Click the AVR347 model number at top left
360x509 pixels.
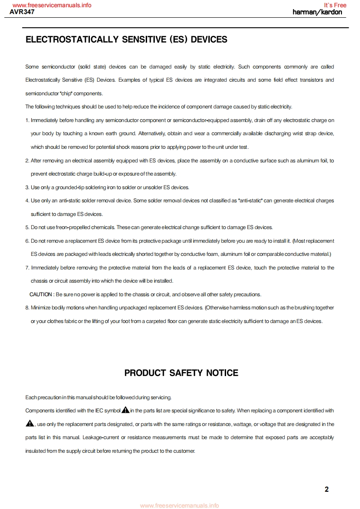click(22, 12)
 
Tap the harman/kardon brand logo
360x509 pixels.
click(317, 12)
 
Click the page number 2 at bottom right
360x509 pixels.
click(327, 489)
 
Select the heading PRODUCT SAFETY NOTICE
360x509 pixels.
click(181, 373)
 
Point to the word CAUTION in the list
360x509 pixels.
click(41, 294)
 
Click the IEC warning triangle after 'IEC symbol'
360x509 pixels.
click(126, 410)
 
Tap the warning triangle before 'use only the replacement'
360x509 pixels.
click(30, 424)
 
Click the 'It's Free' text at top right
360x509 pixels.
click(335, 5)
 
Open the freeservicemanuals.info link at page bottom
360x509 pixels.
click(179, 505)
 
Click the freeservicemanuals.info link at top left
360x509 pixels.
click(52, 5)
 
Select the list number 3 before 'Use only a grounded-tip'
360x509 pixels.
click(27, 187)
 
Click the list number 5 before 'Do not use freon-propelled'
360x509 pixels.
click(27, 227)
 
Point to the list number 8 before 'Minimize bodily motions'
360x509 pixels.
click(27, 308)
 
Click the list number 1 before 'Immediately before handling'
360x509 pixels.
click(27, 120)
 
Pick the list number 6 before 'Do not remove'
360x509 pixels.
click(27, 240)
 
